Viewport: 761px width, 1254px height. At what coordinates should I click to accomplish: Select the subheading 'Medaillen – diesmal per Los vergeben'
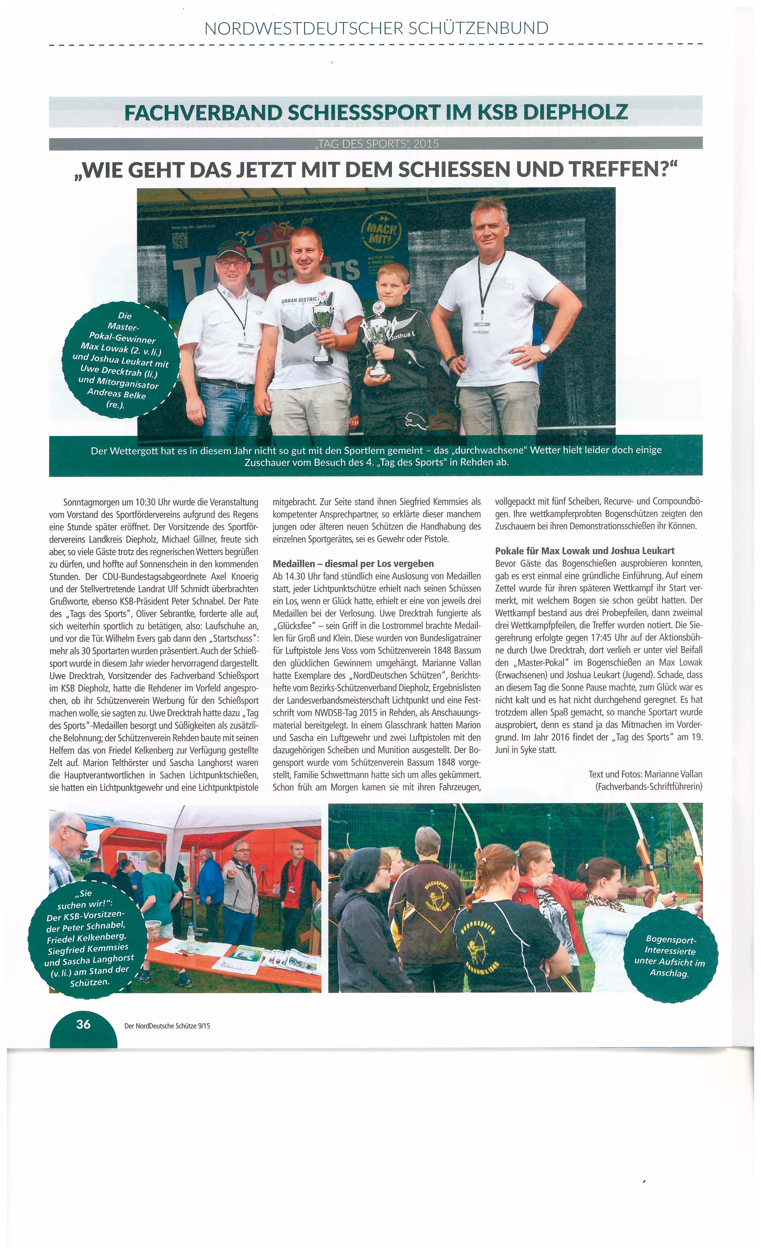coord(353,563)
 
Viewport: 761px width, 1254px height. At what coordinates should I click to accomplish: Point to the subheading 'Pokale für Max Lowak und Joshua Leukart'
coord(585,551)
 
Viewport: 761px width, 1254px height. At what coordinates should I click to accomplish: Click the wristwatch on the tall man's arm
coord(545,349)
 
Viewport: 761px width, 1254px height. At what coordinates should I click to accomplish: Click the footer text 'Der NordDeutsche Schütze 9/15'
coord(167,1026)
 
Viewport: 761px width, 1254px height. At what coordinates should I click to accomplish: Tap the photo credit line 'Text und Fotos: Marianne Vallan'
coord(645,774)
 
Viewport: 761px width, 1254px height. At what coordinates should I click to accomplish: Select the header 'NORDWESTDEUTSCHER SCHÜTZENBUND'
coord(376,28)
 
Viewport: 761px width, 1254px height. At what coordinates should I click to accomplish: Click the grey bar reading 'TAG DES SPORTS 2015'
coord(376,143)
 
